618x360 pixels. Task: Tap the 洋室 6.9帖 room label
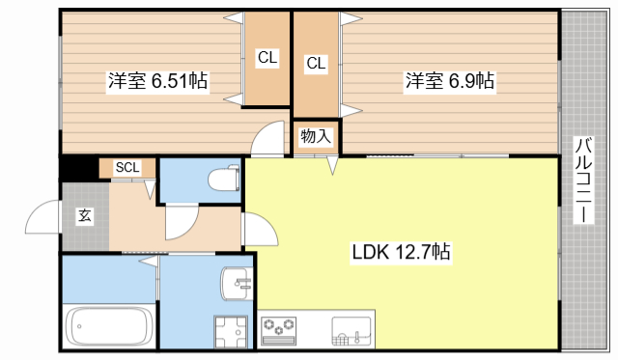449,81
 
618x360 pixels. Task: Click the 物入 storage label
316,136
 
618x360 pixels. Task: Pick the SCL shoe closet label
127,167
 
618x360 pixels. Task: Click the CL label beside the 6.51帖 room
267,58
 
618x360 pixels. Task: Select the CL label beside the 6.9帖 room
317,64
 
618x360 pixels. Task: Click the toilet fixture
225,179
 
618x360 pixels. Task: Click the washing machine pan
232,334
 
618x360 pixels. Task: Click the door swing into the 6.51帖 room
265,141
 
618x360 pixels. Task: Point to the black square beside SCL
78,168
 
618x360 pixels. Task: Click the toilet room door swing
180,222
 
